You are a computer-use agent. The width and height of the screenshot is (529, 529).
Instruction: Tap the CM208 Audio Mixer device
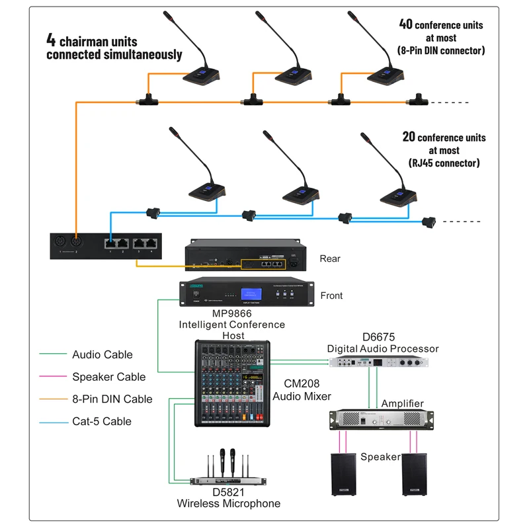coord(232,384)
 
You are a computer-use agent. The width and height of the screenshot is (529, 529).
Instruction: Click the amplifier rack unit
coord(382,421)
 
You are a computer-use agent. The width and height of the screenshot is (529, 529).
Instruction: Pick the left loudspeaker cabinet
coord(345,473)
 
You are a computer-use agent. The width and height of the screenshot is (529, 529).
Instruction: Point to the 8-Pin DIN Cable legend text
coord(112,399)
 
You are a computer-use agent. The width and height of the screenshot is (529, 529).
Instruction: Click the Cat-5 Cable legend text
coord(102,421)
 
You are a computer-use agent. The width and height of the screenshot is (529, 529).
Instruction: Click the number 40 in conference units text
coord(405,24)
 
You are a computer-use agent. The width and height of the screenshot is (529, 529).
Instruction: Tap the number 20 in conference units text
coord(409,137)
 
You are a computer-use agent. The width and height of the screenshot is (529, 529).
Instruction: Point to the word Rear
coord(330,259)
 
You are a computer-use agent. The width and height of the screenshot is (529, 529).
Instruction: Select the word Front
coord(331,296)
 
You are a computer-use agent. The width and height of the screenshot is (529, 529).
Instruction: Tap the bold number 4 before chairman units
coord(50,38)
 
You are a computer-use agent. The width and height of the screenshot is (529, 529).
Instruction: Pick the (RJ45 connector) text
coord(441,163)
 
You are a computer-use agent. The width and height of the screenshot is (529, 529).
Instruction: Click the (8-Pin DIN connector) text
coord(441,50)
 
